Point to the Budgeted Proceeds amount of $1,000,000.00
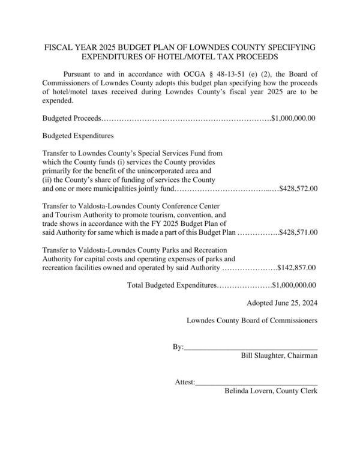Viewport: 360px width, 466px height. point(293,118)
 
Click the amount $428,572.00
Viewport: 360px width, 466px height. point(298,189)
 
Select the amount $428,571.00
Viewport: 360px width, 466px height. point(298,232)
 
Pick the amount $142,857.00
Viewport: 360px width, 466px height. point(297,267)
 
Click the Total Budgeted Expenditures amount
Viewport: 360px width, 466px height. point(294,285)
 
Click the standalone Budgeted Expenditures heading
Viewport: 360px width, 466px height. point(78,136)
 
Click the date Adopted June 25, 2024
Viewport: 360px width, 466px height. point(282,303)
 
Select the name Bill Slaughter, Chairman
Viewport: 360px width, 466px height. point(279,356)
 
